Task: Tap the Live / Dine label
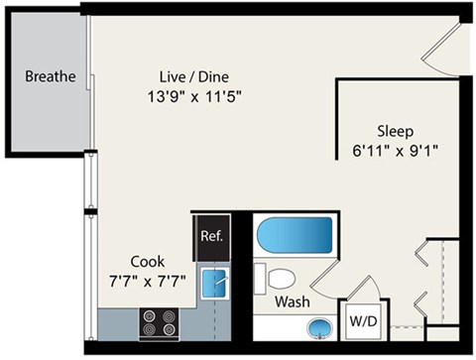(x=187, y=77)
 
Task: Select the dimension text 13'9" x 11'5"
(x=189, y=97)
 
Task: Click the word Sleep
(x=394, y=130)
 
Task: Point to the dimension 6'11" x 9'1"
(x=394, y=151)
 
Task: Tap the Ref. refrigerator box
(x=211, y=237)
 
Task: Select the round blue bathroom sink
(x=319, y=325)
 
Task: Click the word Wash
(x=293, y=300)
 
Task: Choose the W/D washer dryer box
(x=359, y=321)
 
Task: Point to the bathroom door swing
(x=364, y=288)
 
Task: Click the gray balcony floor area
(x=50, y=109)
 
